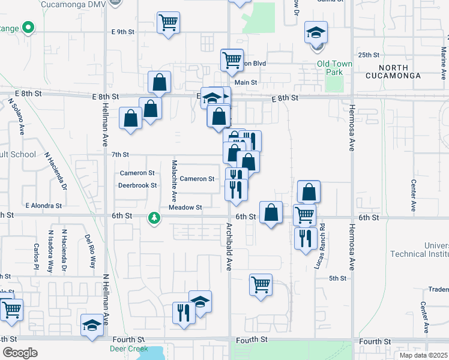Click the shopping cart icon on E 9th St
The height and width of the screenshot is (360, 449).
click(x=168, y=23)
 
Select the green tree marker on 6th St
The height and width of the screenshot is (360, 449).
click(x=155, y=217)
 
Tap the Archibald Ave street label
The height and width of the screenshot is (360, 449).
click(x=229, y=247)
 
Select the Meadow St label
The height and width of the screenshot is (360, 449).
click(x=185, y=208)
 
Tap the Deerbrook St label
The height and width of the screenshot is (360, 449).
click(x=137, y=185)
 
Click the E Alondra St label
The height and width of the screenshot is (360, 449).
click(x=43, y=205)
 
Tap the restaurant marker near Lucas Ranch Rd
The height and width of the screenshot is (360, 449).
click(x=305, y=238)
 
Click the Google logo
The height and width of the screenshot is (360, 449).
click(x=20, y=353)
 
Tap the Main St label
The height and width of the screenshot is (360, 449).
click(x=246, y=83)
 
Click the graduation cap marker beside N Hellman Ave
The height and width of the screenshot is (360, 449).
click(x=92, y=325)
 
